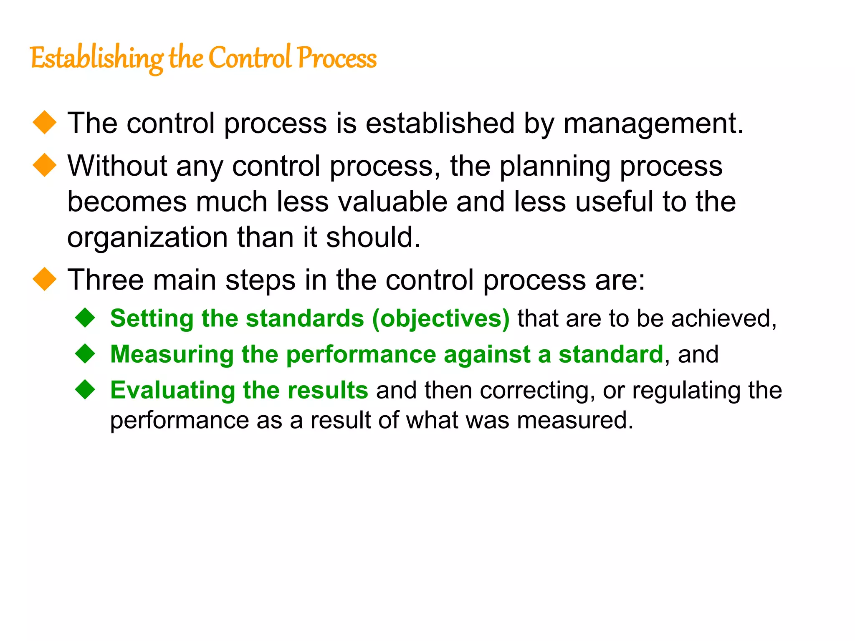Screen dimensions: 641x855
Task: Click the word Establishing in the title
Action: click(97, 58)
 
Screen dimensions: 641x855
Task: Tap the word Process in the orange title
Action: click(337, 58)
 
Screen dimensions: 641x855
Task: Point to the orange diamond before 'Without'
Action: click(45, 165)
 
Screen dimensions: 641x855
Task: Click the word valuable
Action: click(392, 202)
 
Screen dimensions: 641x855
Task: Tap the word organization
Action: click(147, 238)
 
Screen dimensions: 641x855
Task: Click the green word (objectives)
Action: click(441, 319)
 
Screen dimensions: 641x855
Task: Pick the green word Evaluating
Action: click(172, 391)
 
